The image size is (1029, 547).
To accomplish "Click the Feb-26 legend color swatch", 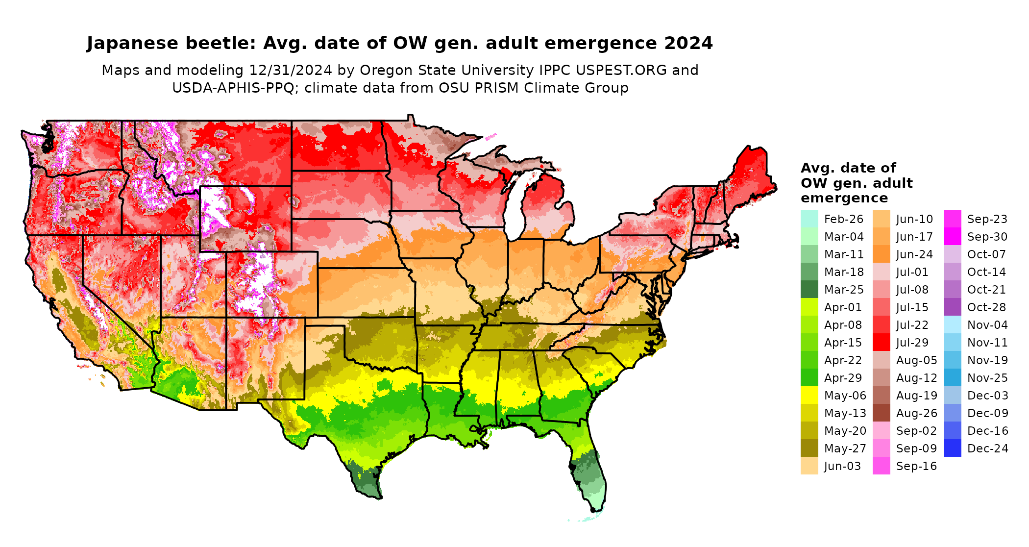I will pyautogui.click(x=809, y=219).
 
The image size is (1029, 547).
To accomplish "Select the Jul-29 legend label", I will pyautogui.click(x=912, y=343).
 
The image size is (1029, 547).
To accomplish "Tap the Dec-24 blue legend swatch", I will pyautogui.click(x=952, y=448).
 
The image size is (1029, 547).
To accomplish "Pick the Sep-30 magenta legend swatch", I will pyautogui.click(x=952, y=237).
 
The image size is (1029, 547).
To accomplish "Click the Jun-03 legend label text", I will pyautogui.click(x=842, y=466).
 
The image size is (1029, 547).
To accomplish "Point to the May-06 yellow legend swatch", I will pyautogui.click(x=809, y=395).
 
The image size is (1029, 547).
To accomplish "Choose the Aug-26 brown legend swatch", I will pyautogui.click(x=881, y=413).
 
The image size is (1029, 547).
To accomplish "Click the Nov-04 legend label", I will pyautogui.click(x=987, y=325).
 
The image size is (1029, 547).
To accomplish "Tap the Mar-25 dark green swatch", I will pyautogui.click(x=809, y=289).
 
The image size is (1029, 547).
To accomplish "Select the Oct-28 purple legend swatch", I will pyautogui.click(x=952, y=307).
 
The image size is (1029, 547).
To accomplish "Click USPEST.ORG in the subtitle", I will pyautogui.click(x=621, y=70).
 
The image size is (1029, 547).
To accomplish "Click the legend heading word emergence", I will pyautogui.click(x=844, y=198).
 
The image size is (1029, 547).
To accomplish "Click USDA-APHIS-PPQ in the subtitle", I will pyautogui.click(x=233, y=88).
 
